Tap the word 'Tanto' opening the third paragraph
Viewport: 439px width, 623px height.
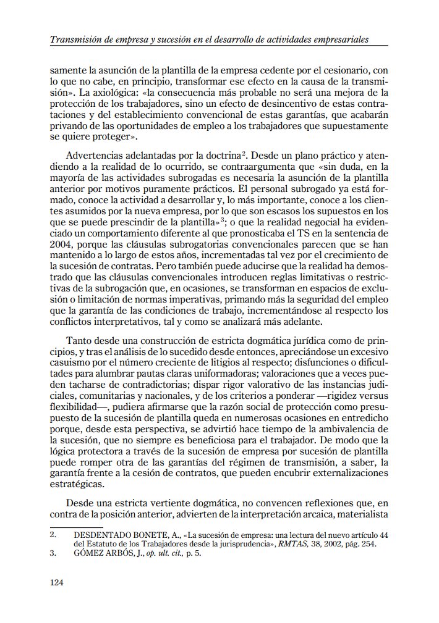click(79, 340)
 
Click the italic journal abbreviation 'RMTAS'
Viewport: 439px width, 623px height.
click(287, 544)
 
